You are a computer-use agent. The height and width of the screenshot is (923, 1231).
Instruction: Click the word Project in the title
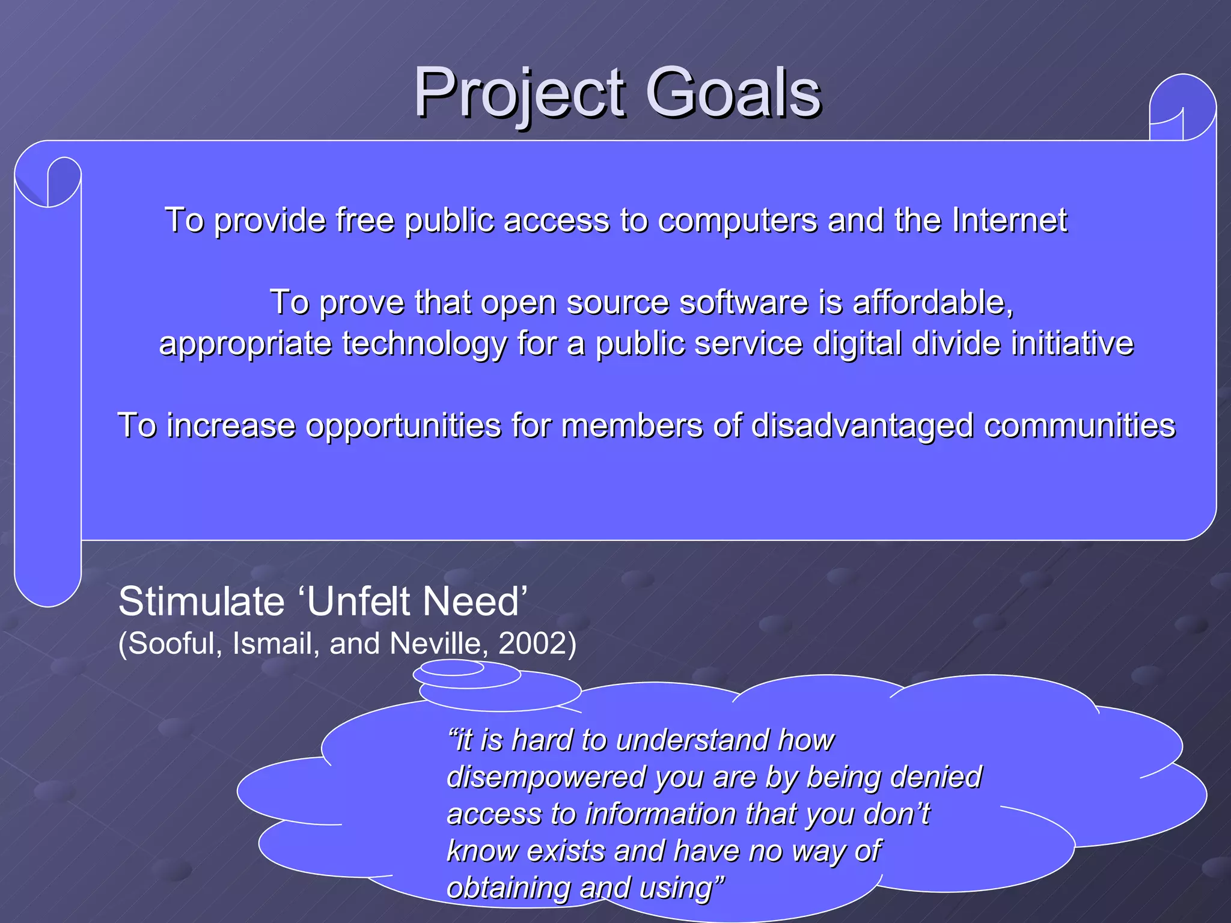pos(521,93)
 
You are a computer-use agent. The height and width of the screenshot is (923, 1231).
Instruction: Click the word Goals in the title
pos(733,93)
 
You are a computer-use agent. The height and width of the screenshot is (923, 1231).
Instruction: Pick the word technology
pos(424,344)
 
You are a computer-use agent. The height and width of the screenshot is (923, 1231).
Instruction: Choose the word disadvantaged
pos(863,426)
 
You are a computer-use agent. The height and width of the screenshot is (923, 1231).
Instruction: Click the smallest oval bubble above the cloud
pos(452,668)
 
